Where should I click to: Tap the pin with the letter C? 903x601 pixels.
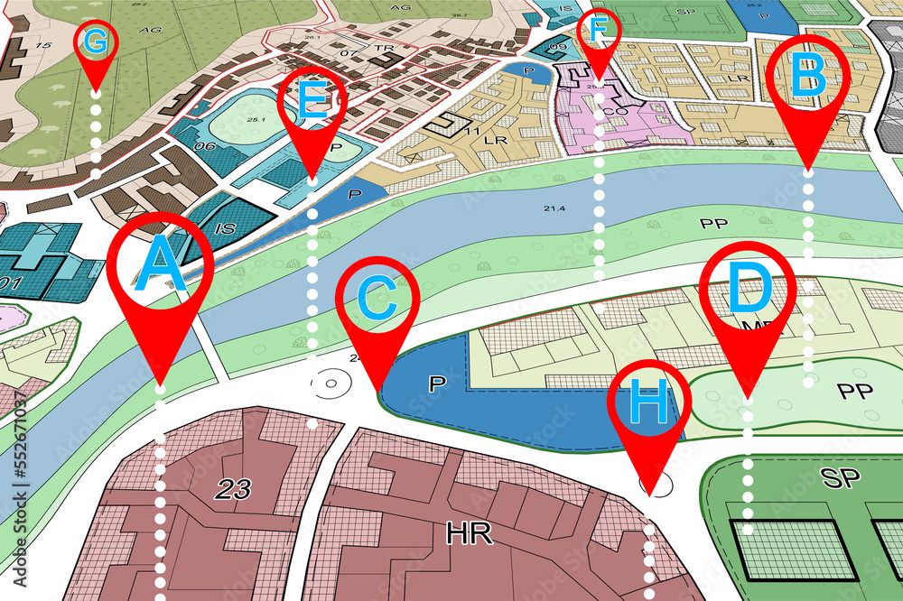point(377,300)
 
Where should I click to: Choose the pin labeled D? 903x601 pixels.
point(749,291)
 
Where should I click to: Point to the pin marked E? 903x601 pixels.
point(312,102)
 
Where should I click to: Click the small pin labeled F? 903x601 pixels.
point(598,32)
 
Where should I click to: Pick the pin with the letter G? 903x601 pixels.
point(96,42)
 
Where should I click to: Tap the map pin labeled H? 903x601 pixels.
point(648,404)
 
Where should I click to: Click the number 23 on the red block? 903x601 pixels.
point(232,489)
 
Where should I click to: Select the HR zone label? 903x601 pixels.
point(469,533)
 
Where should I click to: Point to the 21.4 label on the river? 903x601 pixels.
point(554,208)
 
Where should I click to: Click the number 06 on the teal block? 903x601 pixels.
point(205,147)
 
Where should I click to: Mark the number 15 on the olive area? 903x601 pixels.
point(42,45)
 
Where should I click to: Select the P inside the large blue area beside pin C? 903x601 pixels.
point(437,384)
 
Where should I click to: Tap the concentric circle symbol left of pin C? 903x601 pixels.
point(330,384)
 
